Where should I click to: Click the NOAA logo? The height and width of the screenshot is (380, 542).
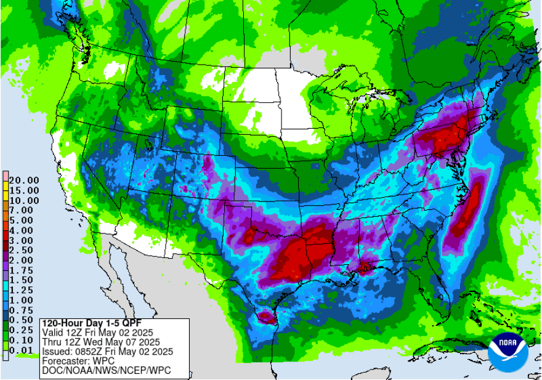[508, 352]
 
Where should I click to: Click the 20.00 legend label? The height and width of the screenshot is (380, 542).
[24, 180]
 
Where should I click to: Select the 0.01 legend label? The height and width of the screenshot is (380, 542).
[24, 350]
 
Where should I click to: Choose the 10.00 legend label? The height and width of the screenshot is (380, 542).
[24, 200]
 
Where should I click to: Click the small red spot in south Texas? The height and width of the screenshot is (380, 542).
[266, 317]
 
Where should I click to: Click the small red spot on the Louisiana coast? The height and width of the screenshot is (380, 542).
[364, 267]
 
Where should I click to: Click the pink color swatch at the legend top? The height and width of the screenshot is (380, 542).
[6, 175]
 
